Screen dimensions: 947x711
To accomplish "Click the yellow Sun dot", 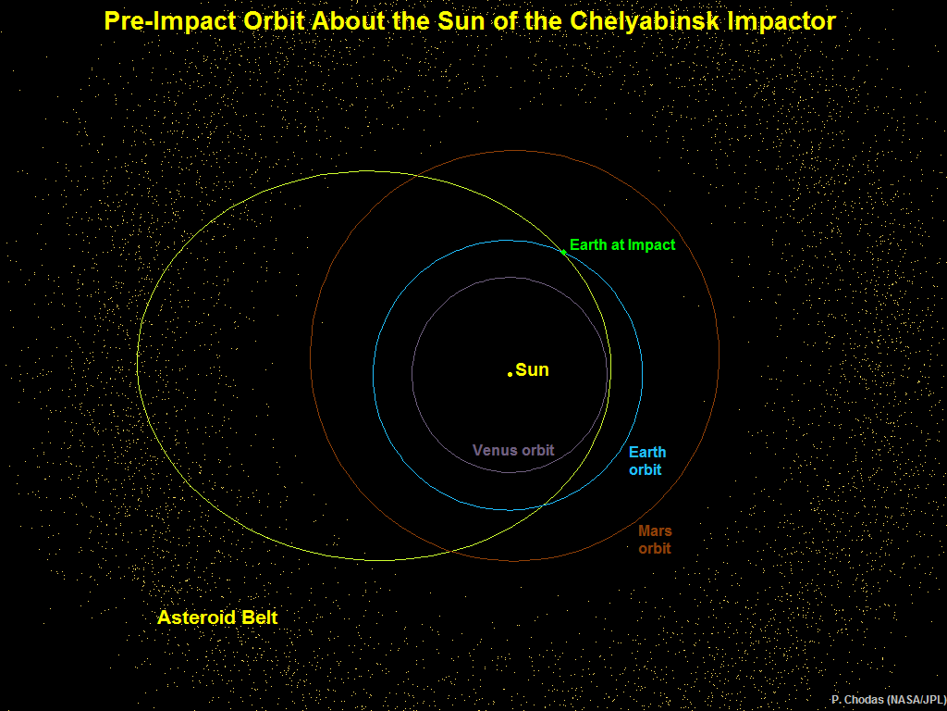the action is point(510,374).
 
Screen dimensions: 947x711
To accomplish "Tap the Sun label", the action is point(532,370).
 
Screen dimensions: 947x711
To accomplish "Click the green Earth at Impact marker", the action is point(563,252).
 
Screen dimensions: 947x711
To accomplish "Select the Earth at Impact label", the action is point(622,244).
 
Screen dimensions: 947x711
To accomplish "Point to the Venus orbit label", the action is point(513,451).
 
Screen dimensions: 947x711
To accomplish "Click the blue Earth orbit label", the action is point(646,461).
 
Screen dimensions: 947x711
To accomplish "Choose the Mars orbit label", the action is point(655,540).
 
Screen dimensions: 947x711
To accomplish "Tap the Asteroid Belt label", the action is point(217,617).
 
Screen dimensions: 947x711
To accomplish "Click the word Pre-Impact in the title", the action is point(170,22).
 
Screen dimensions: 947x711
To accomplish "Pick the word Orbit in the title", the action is point(275,21).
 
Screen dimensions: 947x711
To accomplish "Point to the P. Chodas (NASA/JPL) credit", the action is point(889,700).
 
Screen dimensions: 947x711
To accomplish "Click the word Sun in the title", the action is point(461,21).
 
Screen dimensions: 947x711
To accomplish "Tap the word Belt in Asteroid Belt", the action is point(259,617).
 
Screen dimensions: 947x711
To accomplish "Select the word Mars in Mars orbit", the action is point(656,530).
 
